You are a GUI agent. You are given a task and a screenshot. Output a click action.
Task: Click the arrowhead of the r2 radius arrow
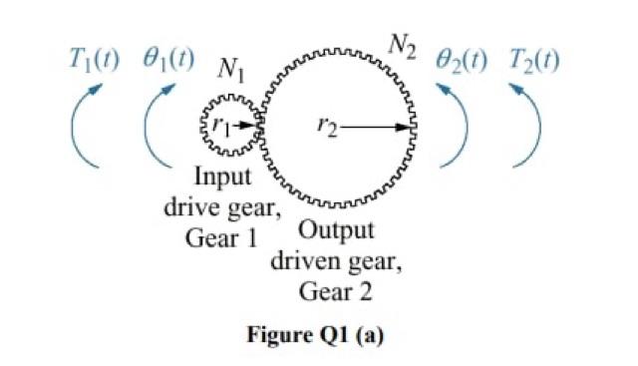[x=409, y=127]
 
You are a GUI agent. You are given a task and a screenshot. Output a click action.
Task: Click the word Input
[x=222, y=180]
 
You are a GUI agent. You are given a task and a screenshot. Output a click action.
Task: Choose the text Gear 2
[x=336, y=291]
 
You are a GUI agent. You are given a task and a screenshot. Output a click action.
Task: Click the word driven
[x=308, y=262]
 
